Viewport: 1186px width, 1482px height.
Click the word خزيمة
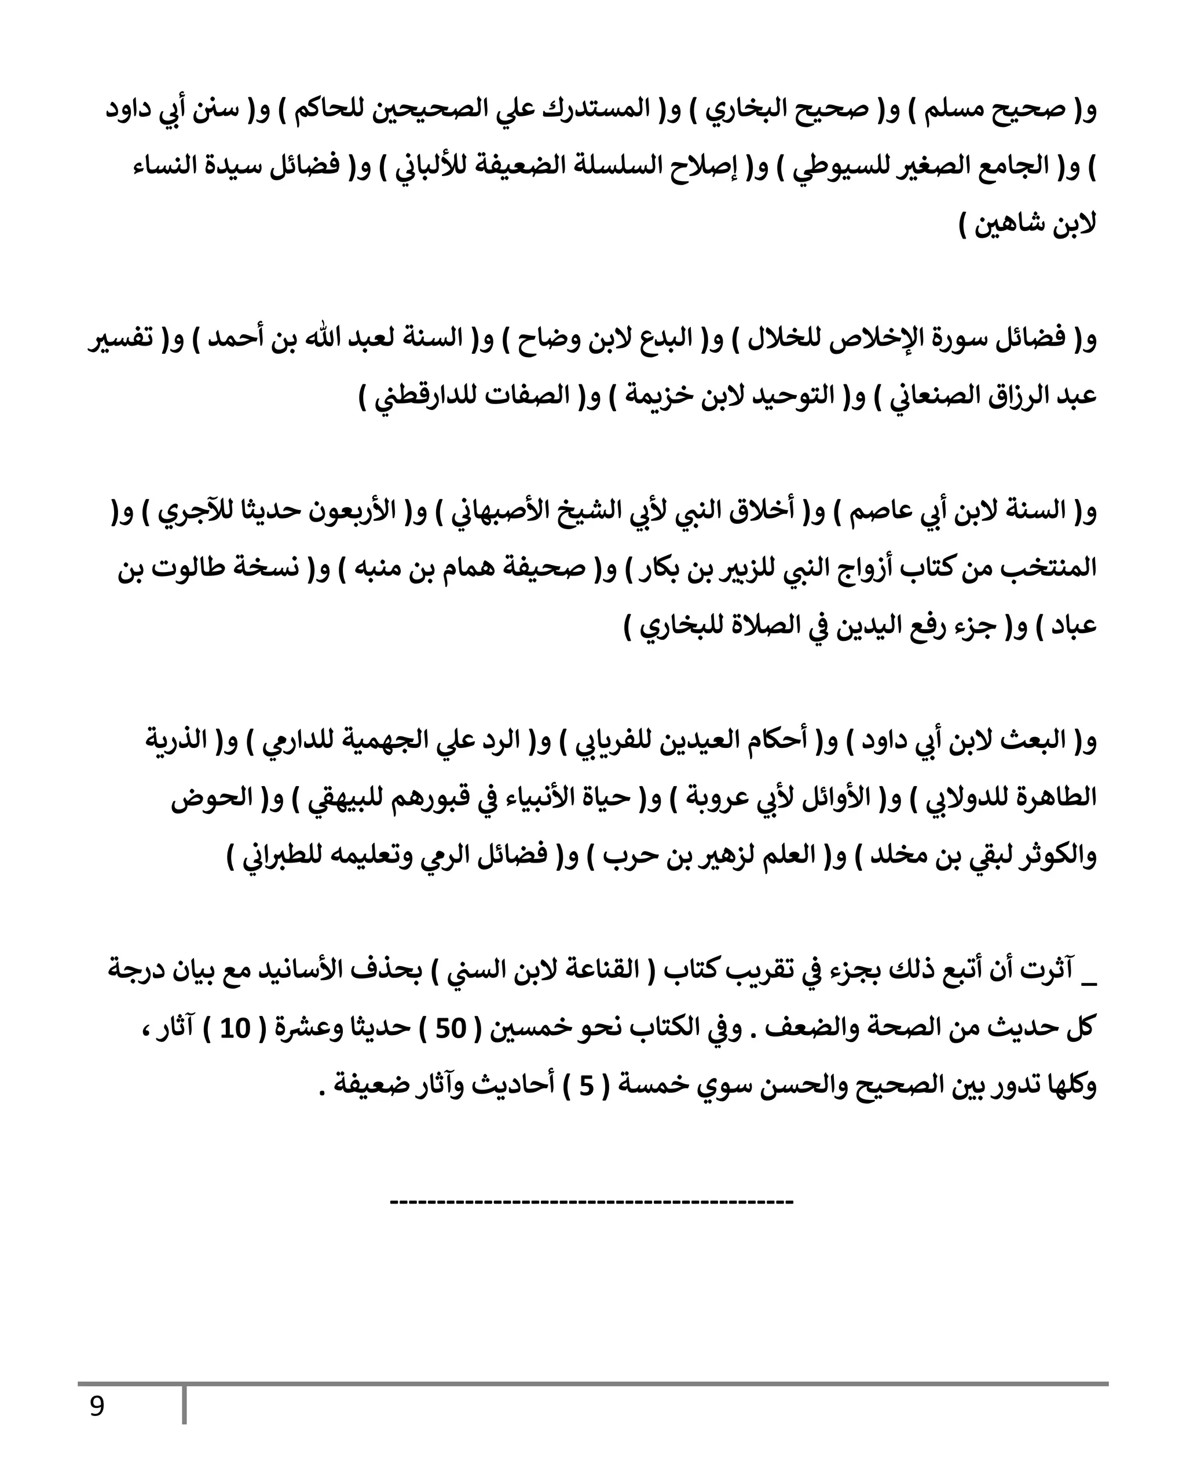[661, 397]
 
